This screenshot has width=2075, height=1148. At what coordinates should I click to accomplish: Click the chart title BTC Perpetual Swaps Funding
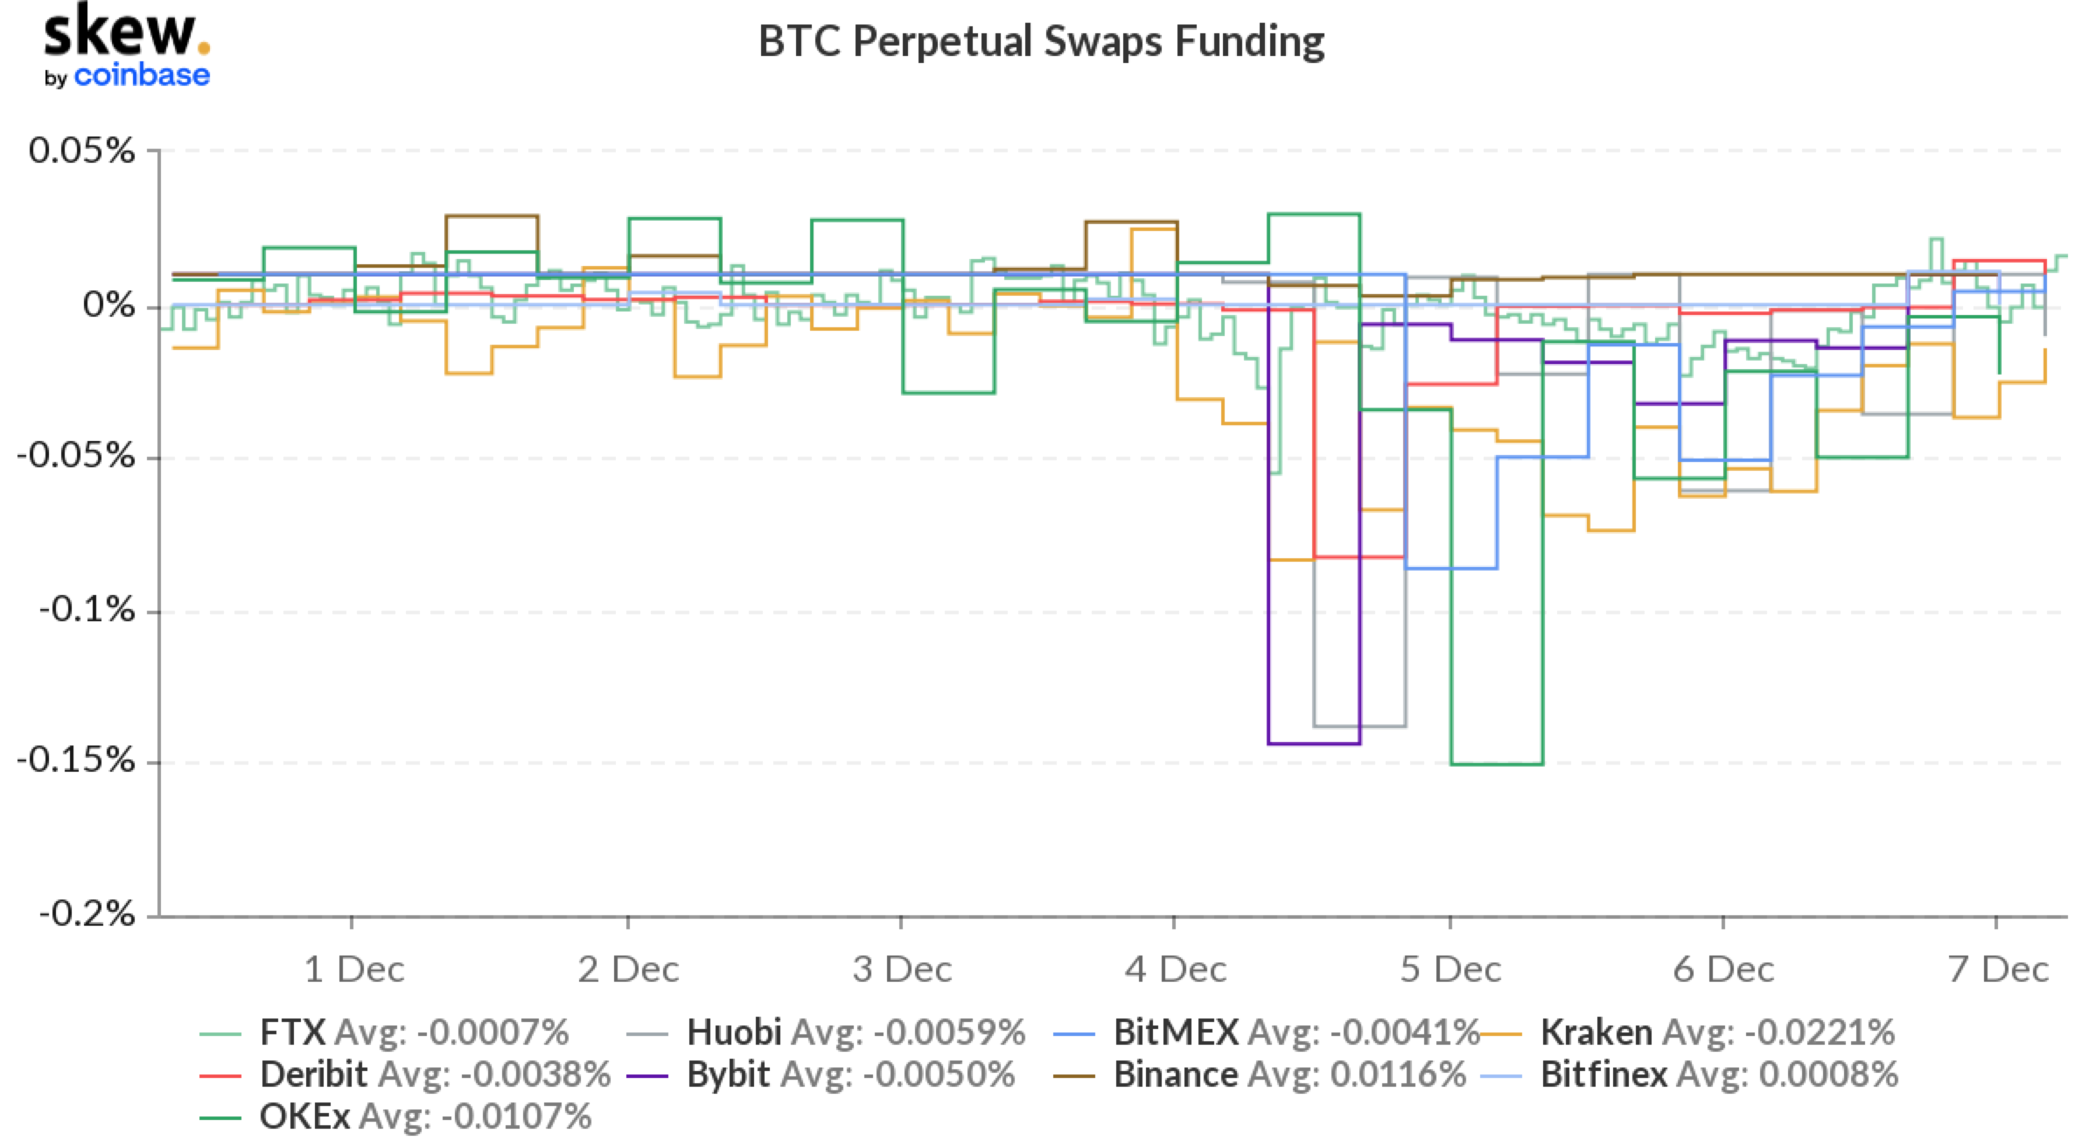coord(1041,41)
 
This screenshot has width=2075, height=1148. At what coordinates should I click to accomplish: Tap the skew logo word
coord(121,32)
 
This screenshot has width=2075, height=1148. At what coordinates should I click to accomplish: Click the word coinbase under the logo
coord(142,76)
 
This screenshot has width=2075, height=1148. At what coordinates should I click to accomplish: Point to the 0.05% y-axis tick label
coord(82,150)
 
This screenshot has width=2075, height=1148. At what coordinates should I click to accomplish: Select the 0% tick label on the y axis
coord(108,305)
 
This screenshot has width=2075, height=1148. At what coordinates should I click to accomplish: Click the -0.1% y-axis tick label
coord(87,609)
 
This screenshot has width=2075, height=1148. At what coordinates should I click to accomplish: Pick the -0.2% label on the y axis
coord(87,914)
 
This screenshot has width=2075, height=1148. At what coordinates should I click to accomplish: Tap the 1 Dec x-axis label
coord(353,969)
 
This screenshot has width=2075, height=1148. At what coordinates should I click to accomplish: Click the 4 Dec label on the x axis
coord(1175,969)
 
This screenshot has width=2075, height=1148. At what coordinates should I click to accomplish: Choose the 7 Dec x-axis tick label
coord(1998,969)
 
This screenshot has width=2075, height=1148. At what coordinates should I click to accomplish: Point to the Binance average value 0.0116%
coord(1397,1074)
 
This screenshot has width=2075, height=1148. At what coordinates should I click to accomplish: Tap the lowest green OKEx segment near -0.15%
coord(1497,765)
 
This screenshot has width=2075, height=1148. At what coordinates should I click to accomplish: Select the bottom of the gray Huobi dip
coord(1359,726)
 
